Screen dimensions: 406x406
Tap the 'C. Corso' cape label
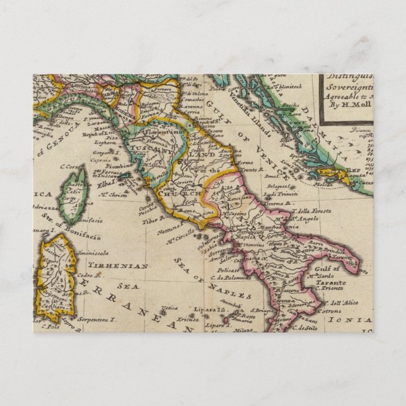click(x=72, y=166)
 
